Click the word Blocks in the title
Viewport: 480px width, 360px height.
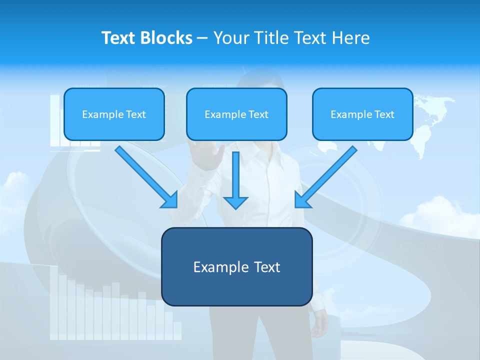coord(167,38)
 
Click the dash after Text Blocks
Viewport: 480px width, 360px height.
coord(202,38)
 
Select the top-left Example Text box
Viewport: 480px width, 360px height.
coord(114,114)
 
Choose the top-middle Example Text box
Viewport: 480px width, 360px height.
coord(236,114)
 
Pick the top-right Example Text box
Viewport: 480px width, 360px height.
coord(362,114)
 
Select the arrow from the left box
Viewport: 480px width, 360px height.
coord(146,177)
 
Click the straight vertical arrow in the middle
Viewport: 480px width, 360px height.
coord(235,180)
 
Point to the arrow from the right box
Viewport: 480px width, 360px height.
coord(326,177)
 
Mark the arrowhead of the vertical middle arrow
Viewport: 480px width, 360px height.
coord(235,202)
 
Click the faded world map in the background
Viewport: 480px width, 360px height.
coord(425,125)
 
